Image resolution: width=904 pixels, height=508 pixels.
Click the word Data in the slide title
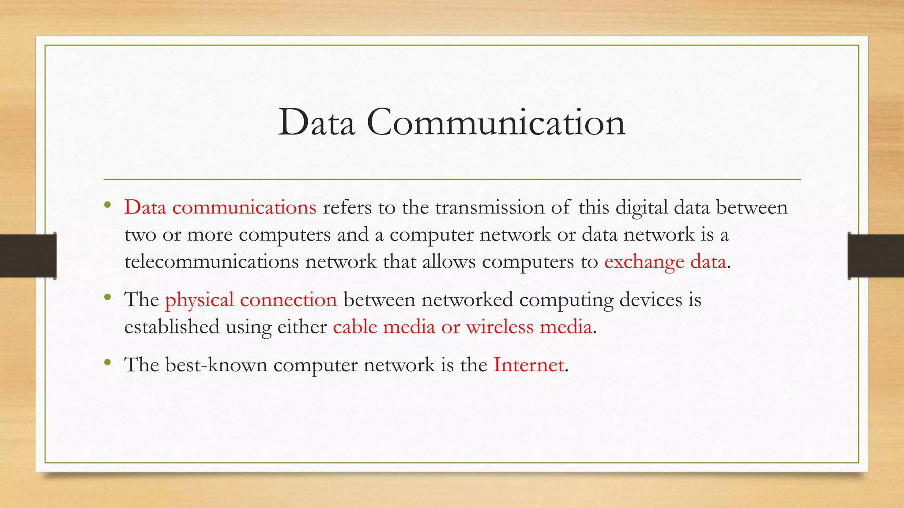(316, 123)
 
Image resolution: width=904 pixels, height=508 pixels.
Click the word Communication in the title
(496, 123)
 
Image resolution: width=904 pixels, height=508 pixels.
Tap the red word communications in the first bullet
(244, 207)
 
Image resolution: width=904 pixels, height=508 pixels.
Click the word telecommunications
(211, 261)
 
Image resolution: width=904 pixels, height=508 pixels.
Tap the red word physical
(199, 300)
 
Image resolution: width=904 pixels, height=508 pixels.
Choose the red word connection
(288, 300)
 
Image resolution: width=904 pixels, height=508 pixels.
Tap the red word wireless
(500, 327)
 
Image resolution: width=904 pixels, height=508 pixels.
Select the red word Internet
(528, 365)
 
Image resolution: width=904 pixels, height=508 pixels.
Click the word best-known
(216, 365)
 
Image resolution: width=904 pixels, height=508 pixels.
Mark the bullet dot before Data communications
(108, 205)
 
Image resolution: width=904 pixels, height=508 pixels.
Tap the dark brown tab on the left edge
(28, 256)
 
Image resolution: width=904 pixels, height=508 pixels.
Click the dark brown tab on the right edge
(876, 256)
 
